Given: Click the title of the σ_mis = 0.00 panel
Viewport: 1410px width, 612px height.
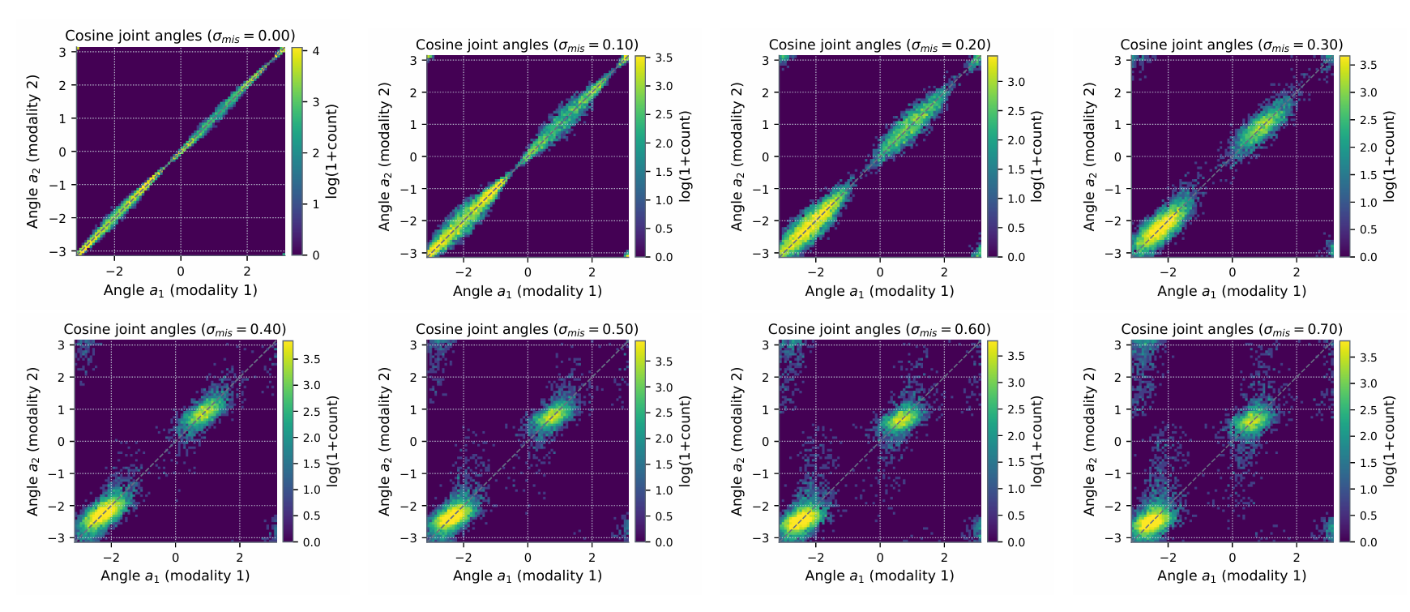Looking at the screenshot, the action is point(180,36).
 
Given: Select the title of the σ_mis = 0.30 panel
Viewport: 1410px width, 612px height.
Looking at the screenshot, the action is point(1231,45).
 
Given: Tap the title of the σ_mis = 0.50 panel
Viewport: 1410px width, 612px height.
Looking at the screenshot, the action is point(527,329).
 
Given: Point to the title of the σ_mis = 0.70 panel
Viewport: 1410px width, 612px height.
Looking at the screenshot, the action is point(1231,329).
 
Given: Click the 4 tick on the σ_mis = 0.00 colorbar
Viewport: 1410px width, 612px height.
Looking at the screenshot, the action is point(316,51).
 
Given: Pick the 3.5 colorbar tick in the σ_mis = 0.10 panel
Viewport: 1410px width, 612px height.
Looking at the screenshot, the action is point(664,58).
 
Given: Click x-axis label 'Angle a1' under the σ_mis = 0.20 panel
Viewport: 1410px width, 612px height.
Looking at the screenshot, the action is point(879,291).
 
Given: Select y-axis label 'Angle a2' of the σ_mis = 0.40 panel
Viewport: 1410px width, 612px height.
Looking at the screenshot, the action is point(33,441).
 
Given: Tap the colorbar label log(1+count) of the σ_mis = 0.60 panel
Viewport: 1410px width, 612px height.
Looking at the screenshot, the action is point(1037,441).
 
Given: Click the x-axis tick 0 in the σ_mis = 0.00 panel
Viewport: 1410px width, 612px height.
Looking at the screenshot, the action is point(181,272).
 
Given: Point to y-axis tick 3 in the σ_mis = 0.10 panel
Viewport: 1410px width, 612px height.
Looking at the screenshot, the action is point(413,60).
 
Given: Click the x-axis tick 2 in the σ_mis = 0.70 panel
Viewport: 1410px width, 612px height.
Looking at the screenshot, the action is point(1297,557).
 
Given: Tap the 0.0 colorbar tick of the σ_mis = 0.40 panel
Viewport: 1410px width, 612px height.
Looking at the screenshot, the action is point(312,542).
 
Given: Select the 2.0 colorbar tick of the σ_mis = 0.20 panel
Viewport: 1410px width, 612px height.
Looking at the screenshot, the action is point(1016,140).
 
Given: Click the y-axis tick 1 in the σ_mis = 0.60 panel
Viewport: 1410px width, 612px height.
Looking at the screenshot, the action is point(766,409).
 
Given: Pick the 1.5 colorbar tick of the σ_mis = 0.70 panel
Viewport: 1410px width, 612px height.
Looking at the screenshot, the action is point(1369,463).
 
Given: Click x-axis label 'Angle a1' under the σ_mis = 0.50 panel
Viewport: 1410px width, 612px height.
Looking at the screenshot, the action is point(527,576).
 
